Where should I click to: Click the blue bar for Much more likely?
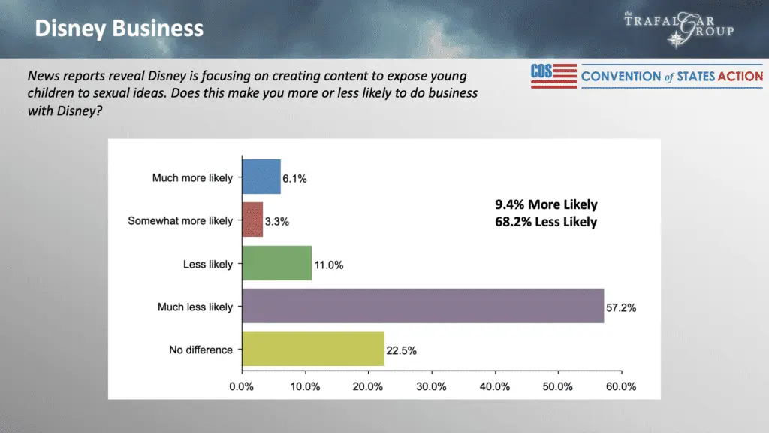(261, 177)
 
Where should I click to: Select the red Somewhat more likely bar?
(252, 220)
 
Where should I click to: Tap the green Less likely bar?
(276, 263)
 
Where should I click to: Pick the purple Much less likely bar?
(423, 306)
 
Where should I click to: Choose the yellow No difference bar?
(312, 349)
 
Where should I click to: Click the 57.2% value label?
(621, 307)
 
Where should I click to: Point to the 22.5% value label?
(403, 350)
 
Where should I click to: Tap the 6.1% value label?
(295, 179)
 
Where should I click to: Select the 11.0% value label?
(329, 265)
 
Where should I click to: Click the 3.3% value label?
(277, 222)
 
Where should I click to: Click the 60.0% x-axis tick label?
(620, 386)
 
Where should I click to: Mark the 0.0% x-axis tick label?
(242, 386)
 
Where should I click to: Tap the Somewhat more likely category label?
(180, 221)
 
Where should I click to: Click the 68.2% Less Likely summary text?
(546, 221)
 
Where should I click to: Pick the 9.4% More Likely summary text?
(546, 204)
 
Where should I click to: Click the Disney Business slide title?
(119, 29)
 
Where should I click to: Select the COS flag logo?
(553, 75)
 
